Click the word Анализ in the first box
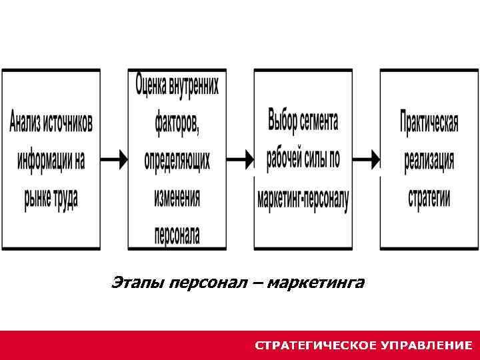click(27, 122)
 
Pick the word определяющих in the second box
click(177, 160)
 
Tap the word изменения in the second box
click(177, 197)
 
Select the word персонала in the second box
click(177, 235)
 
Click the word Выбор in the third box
click(284, 121)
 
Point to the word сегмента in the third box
click(321, 121)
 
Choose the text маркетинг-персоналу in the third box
click(303, 199)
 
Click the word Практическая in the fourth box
click(429, 123)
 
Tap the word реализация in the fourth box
click(429, 161)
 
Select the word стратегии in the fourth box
click(429, 198)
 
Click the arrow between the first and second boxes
click(115, 159)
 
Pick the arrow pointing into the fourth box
click(366, 159)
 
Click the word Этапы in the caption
click(138, 283)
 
